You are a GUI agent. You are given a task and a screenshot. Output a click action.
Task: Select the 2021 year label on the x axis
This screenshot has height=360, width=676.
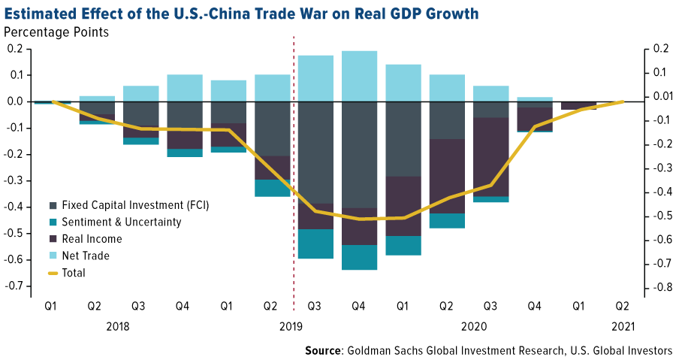pos(623,327)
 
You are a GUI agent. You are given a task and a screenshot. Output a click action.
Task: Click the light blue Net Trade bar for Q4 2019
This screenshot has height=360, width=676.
pos(359,76)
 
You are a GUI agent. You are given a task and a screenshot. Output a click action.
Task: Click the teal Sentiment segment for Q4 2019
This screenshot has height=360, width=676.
pos(359,257)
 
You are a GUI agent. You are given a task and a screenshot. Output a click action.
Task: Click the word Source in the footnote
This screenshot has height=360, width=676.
pos(324,350)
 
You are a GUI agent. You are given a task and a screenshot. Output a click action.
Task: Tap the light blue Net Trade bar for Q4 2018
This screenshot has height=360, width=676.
pos(185,88)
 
